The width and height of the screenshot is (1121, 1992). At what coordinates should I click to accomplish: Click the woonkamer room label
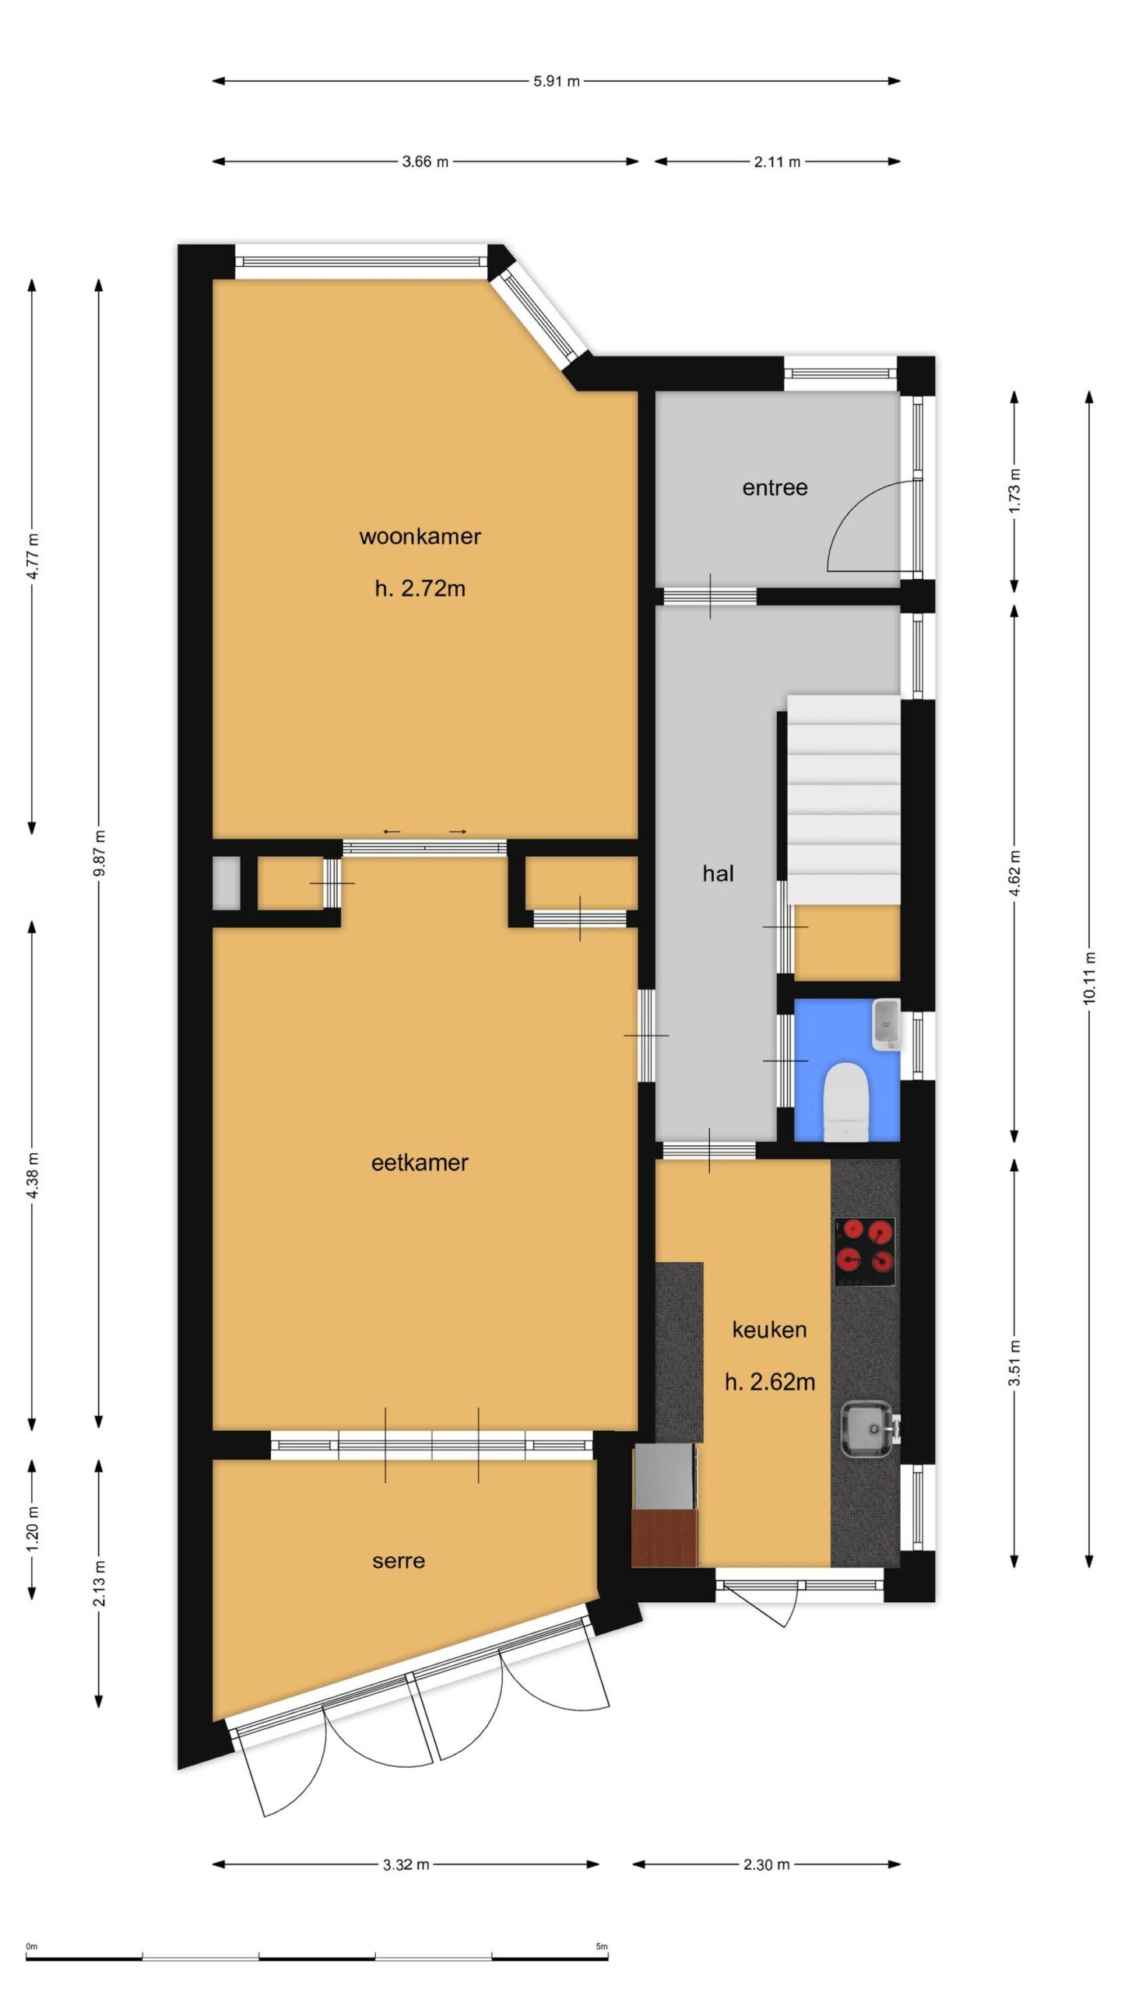point(420,536)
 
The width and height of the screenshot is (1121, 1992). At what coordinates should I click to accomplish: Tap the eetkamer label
point(420,1163)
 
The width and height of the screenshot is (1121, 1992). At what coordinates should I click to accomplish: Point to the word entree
point(775,488)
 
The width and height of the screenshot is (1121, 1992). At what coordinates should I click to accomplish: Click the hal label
point(718,873)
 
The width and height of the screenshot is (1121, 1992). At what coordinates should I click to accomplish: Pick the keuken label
point(769,1330)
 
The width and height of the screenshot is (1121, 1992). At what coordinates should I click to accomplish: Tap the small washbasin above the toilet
point(886,1023)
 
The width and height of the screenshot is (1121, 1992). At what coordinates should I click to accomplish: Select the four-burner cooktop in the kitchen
point(864,1252)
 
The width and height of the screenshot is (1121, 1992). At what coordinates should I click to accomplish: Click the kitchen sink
point(870,1428)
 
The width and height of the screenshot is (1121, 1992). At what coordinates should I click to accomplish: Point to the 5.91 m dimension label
point(557,81)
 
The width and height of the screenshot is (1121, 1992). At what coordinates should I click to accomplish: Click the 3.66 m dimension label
point(425,162)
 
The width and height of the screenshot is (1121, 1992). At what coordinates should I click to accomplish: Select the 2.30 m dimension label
point(767,1864)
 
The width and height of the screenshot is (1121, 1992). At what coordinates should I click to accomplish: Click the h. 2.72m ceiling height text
point(420,588)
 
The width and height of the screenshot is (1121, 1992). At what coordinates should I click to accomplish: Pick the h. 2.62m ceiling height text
point(770,1382)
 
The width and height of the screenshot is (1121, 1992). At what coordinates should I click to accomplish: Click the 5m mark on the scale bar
point(602,1941)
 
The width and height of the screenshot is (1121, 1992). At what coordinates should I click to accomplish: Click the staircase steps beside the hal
point(844,800)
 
